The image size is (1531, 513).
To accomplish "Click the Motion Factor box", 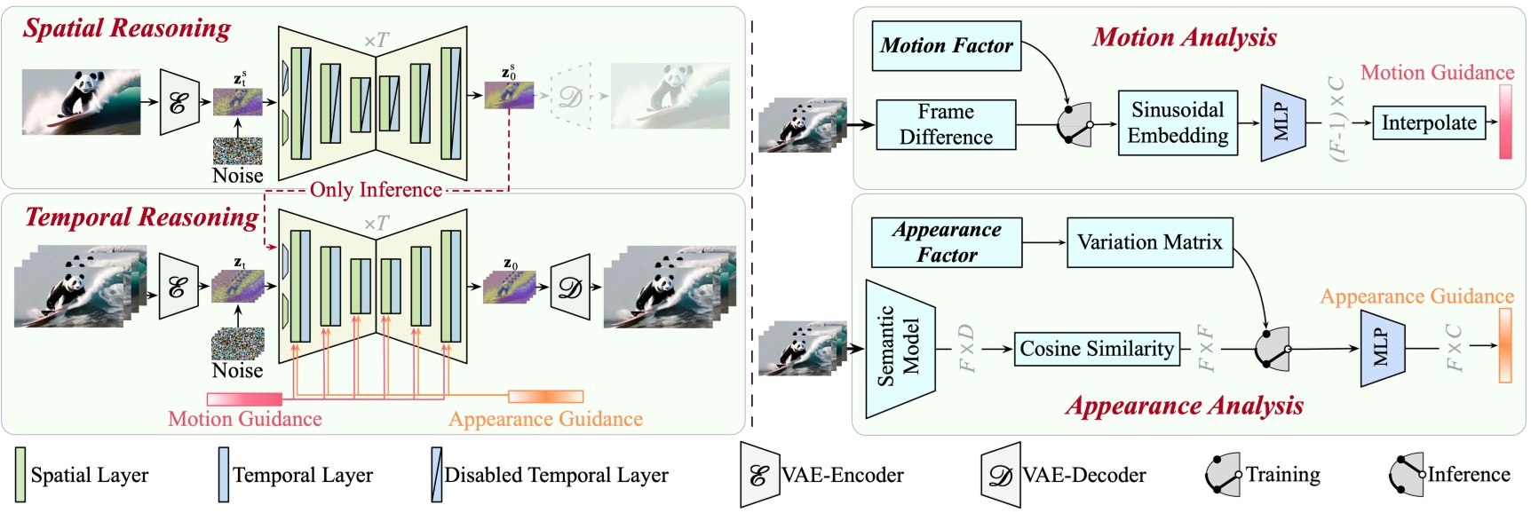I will click(946, 46).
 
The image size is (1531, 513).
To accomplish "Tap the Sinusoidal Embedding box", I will click(1178, 122).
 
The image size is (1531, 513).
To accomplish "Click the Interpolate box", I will click(1428, 122).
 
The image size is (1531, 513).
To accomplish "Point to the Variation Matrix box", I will click(1149, 242).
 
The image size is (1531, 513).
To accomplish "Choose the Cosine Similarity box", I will click(1096, 349).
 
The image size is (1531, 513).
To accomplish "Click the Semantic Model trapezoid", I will click(900, 349).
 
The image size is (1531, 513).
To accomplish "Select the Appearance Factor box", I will click(947, 242).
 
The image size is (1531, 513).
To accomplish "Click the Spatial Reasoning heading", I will click(127, 28).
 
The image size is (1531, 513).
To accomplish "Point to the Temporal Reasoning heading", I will click(141, 217).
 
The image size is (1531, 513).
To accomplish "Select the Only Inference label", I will click(376, 190).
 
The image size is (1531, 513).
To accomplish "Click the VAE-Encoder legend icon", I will click(759, 475).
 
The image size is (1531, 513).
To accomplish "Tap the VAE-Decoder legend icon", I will click(1000, 475).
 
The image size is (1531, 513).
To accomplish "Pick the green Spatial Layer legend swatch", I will click(20, 475).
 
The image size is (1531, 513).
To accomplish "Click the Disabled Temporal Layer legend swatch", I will click(436, 475).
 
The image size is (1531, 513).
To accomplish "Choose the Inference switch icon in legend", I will click(1406, 475).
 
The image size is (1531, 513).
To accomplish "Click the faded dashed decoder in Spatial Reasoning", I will click(571, 96).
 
